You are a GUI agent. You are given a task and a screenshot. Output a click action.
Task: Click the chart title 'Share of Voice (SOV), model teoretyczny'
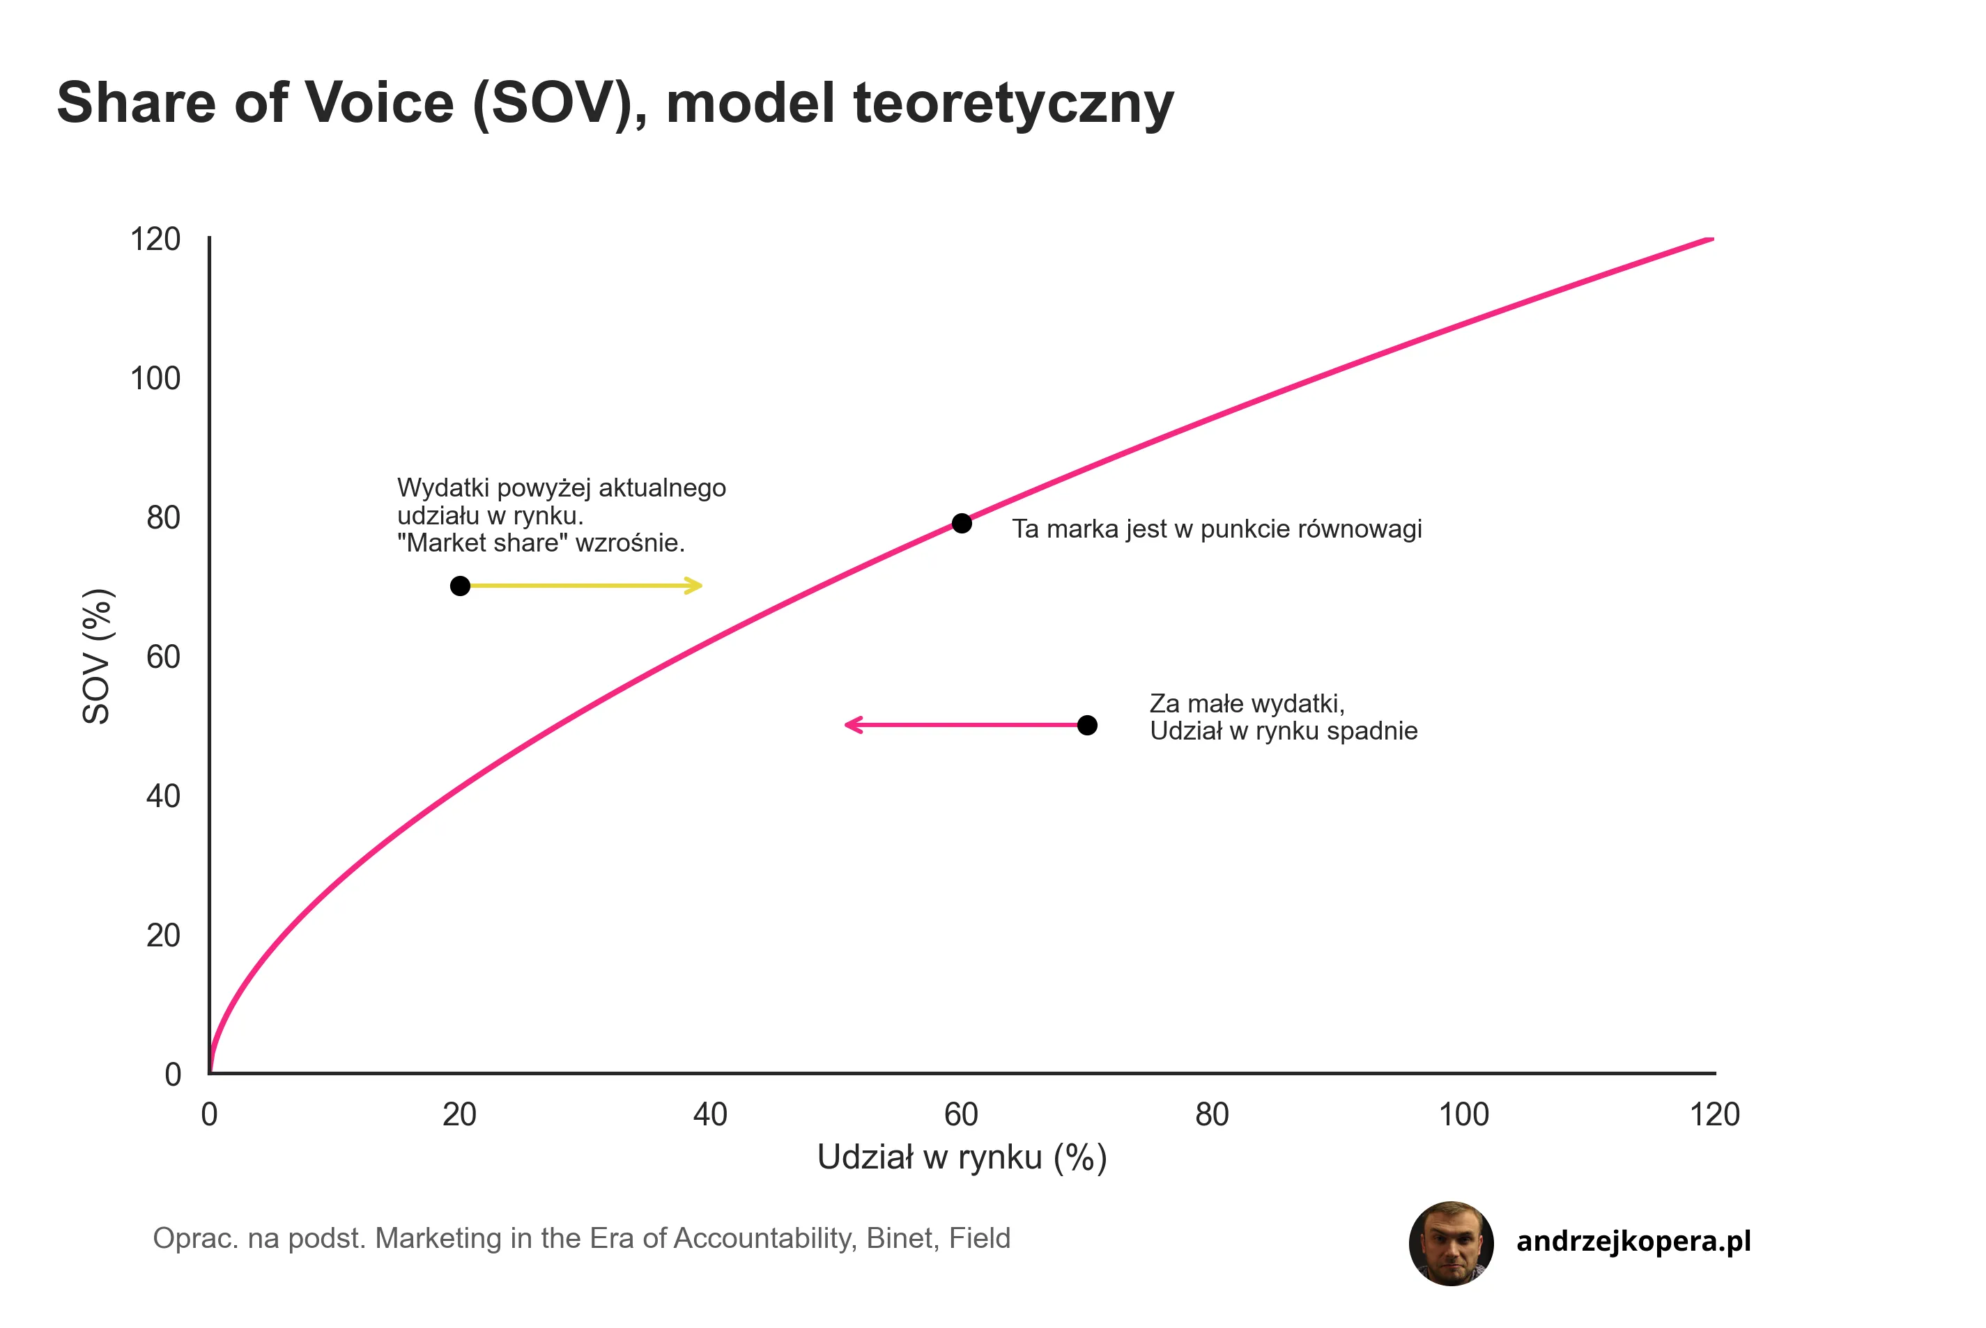coord(615,103)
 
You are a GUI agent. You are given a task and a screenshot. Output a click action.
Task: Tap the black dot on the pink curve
coord(961,524)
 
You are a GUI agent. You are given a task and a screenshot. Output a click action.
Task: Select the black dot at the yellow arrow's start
coord(460,586)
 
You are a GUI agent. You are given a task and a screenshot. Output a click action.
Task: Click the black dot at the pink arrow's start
coord(1087,725)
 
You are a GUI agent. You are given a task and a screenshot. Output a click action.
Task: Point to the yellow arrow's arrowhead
coord(695,586)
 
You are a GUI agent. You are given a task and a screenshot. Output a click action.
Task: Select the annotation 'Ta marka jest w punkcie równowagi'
coord(1217,529)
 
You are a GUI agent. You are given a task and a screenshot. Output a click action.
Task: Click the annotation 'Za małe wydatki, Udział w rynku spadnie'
coord(1283,717)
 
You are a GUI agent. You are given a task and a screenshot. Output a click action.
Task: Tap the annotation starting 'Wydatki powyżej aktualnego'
coord(561,515)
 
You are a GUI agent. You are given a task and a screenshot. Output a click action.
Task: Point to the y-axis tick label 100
coord(155,379)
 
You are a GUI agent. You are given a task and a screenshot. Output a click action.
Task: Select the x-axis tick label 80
coord(1212,1116)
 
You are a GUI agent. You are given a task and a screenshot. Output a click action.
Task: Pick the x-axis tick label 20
coord(459,1116)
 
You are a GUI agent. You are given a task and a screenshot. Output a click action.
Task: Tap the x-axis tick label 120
coord(1714,1116)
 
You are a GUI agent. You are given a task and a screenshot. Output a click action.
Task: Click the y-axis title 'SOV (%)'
coord(97,657)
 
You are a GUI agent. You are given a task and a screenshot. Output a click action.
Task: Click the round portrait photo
coord(1451,1243)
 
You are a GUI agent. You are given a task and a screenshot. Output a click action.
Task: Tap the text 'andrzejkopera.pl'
coord(1633,1242)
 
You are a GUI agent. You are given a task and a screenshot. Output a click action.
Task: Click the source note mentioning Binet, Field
coord(581,1238)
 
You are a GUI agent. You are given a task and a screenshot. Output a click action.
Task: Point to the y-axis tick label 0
coord(173,1075)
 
